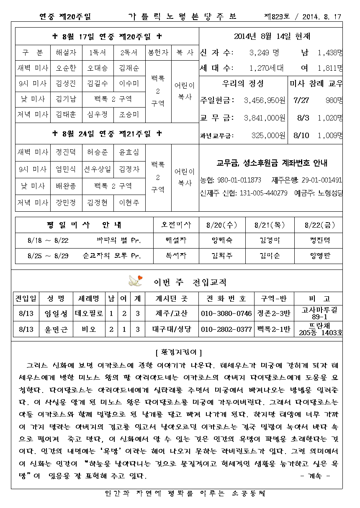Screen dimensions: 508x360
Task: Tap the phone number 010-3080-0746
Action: click(x=226, y=313)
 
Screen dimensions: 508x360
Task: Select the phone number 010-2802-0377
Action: click(x=226, y=329)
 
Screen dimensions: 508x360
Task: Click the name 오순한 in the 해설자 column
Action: click(x=66, y=68)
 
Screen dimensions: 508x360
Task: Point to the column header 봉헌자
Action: click(x=158, y=53)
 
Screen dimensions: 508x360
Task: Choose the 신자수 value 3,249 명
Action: click(x=264, y=53)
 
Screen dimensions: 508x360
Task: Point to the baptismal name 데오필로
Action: click(x=89, y=313)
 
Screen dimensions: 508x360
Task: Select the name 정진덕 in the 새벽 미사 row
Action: click(x=66, y=152)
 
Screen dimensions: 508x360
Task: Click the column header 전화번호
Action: click(x=226, y=298)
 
